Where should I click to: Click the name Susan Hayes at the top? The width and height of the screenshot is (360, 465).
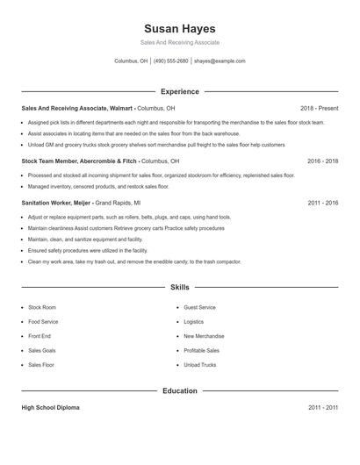click(179, 28)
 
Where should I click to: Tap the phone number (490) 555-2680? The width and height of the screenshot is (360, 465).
click(171, 61)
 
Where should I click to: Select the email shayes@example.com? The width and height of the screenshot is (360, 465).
click(220, 61)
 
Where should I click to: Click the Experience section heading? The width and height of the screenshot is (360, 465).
click(179, 91)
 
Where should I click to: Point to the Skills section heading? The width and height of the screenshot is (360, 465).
click(179, 287)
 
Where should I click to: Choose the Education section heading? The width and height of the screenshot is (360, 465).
click(179, 390)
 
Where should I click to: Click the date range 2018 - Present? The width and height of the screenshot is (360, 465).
click(319, 108)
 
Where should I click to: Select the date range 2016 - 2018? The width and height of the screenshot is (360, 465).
click(322, 161)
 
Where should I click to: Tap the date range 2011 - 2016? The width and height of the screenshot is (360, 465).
click(322, 203)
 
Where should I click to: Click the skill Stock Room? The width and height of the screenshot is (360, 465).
click(41, 308)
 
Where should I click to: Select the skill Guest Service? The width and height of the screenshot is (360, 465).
click(199, 308)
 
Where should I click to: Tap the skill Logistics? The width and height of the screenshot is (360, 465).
click(193, 322)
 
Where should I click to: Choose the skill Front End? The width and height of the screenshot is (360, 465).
click(40, 336)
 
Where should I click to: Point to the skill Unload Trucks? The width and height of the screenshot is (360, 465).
click(199, 364)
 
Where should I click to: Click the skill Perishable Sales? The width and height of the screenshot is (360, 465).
click(201, 350)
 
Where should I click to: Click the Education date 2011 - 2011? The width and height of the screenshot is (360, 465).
click(322, 408)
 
